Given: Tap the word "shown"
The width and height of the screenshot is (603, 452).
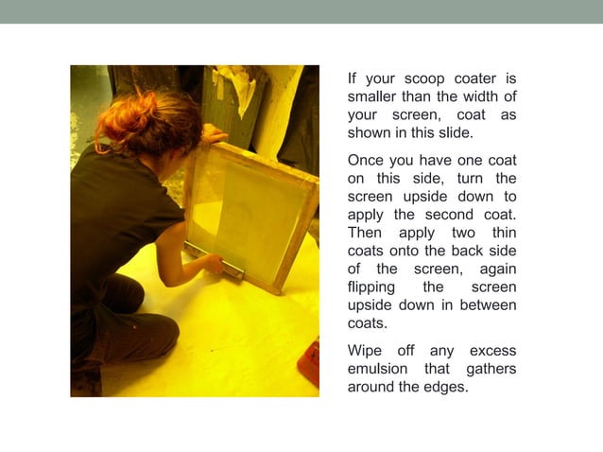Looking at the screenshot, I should point(369,133).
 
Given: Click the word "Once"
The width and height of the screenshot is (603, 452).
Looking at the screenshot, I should point(366,160).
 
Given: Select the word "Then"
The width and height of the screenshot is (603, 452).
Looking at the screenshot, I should point(365,233).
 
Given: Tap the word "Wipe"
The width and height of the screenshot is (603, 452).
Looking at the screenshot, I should point(366,350).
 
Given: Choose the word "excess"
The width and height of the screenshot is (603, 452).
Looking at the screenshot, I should point(490,350).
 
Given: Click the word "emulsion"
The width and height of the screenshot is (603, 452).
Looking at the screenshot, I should point(378,368).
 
